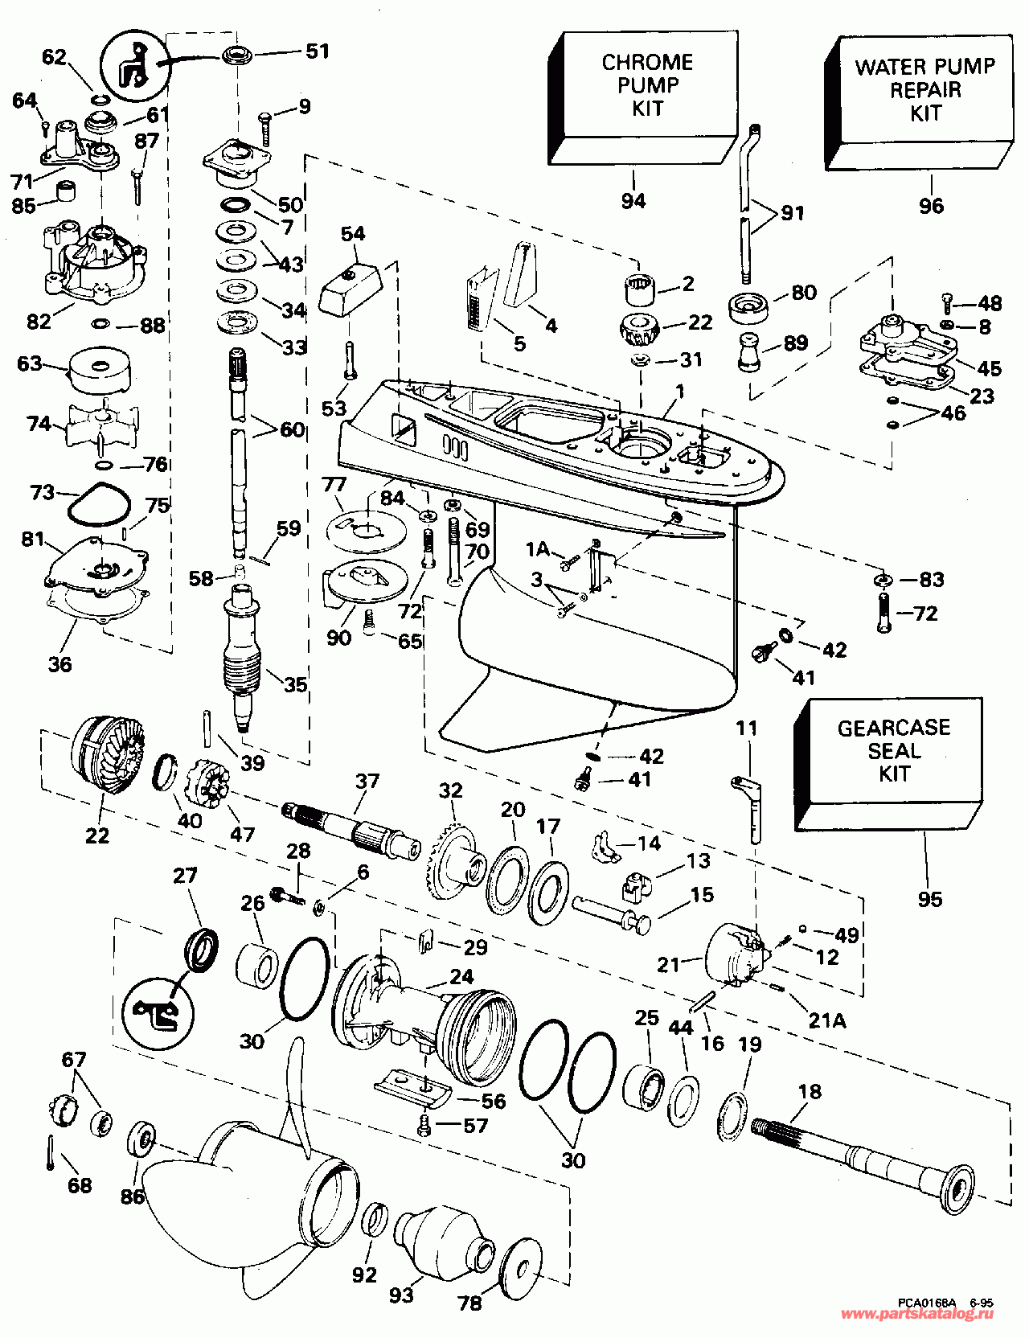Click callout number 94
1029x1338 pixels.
633,200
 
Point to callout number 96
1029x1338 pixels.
931,206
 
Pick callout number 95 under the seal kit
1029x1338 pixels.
929,898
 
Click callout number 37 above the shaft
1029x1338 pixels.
367,781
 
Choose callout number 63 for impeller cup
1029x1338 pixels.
29,363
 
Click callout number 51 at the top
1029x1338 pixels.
318,51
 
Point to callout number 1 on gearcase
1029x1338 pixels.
680,392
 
